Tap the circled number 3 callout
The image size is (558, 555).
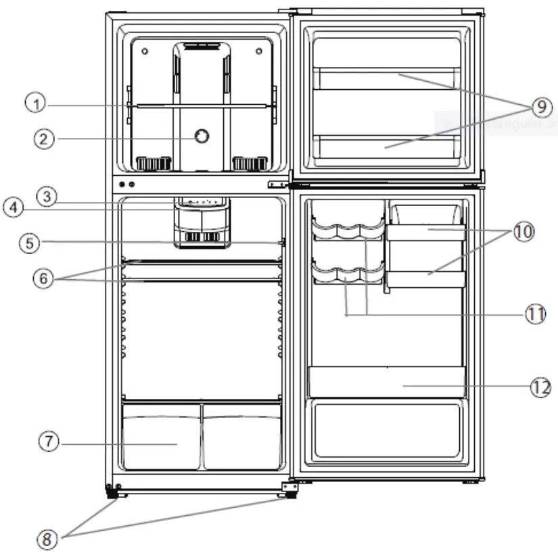(46, 196)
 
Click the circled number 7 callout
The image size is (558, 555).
(49, 441)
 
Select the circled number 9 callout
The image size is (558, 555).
(542, 107)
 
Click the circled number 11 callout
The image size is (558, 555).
(536, 314)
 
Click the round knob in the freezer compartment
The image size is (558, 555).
(200, 137)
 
